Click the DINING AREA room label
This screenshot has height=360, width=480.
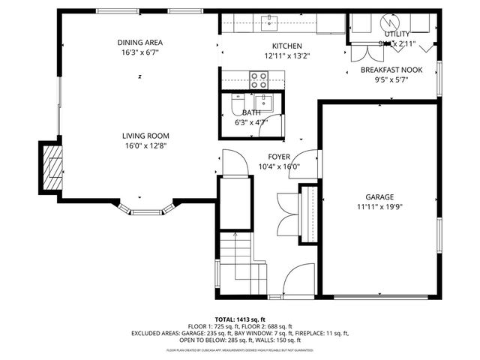tap(140, 42)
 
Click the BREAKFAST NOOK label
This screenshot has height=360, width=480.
tap(391, 70)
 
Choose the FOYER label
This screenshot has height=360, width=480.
tap(279, 157)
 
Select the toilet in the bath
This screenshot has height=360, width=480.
tap(235, 103)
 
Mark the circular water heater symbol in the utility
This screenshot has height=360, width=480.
tap(388, 22)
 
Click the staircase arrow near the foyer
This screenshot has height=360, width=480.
tap(238, 247)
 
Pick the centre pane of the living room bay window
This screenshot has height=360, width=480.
tap(146, 212)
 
